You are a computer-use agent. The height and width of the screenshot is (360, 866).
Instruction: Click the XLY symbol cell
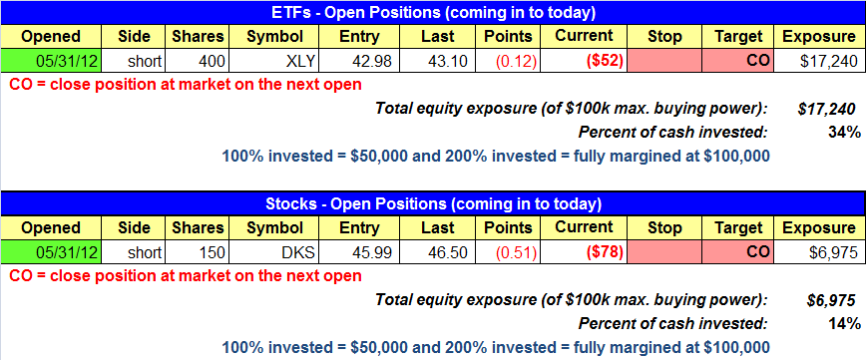(x=273, y=61)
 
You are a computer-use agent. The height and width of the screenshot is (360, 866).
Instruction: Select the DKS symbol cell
(x=273, y=253)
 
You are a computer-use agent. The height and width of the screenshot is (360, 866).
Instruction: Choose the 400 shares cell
(x=198, y=61)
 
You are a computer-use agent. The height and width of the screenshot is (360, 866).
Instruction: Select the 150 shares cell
(x=198, y=253)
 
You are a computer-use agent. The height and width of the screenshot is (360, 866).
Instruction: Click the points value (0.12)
(x=515, y=61)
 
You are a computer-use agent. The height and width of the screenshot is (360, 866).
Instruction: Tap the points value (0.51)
(x=515, y=253)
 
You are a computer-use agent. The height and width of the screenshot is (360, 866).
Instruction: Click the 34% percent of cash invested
(x=843, y=133)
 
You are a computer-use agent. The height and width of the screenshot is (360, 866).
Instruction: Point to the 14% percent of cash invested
(x=843, y=324)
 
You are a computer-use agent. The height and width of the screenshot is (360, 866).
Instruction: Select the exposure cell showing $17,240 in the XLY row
(x=819, y=61)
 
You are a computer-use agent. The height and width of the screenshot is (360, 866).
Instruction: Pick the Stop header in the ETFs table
(x=664, y=37)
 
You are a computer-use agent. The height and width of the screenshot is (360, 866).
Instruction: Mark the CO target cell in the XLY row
(x=737, y=61)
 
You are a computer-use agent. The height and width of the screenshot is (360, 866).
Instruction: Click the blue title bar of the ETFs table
(x=432, y=13)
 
